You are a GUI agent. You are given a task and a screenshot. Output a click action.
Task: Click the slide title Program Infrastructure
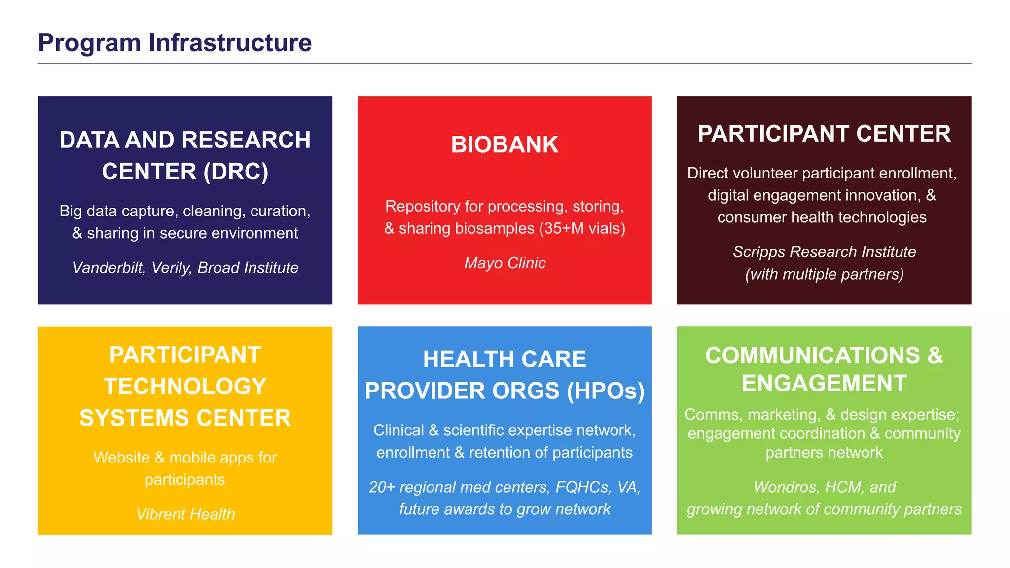pyautogui.click(x=175, y=42)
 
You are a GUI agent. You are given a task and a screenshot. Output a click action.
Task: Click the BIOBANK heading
pyautogui.click(x=505, y=145)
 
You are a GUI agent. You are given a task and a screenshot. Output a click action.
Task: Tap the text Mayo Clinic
pyautogui.click(x=505, y=263)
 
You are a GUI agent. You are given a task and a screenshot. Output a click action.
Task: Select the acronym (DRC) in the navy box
pyautogui.click(x=236, y=172)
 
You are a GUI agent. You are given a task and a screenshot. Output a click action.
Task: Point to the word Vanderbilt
pyautogui.click(x=108, y=268)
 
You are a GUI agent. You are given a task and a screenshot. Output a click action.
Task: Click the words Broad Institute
pyautogui.click(x=248, y=268)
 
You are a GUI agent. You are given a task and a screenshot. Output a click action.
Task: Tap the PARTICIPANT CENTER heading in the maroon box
pyautogui.click(x=824, y=134)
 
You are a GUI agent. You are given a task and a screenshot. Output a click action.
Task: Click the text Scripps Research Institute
pyautogui.click(x=824, y=252)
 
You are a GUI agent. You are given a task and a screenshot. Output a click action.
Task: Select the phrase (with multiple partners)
pyautogui.click(x=824, y=274)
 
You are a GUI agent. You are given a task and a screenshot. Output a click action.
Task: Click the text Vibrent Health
pyautogui.click(x=185, y=514)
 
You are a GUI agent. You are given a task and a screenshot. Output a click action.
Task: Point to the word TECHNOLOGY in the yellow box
pyautogui.click(x=185, y=387)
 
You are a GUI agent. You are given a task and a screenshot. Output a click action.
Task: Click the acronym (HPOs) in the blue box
pyautogui.click(x=605, y=391)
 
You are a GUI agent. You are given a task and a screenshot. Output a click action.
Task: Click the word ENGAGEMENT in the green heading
pyautogui.click(x=824, y=384)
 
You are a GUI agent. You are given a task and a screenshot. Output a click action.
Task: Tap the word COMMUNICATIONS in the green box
pyautogui.click(x=812, y=355)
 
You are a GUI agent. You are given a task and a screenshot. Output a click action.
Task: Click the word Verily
pyautogui.click(x=170, y=268)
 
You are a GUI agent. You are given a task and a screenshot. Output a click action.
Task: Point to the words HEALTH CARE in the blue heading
pyautogui.click(x=505, y=359)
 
